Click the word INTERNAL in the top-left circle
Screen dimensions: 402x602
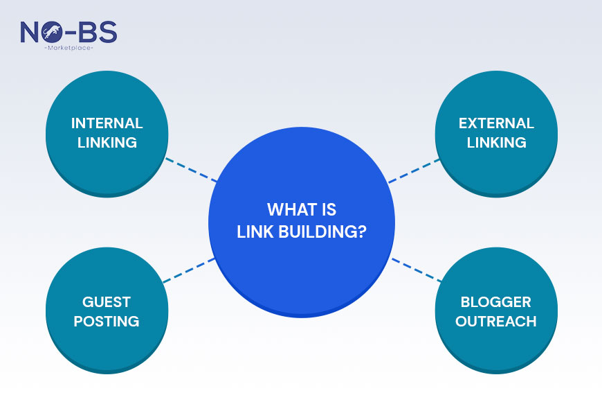click(107, 124)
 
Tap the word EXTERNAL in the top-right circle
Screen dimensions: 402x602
click(496, 124)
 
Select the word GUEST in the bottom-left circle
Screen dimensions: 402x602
click(107, 302)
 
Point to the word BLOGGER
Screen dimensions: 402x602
click(496, 302)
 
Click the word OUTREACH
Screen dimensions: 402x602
click(496, 322)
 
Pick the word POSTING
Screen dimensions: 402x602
click(107, 322)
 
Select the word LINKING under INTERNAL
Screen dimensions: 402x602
click(107, 143)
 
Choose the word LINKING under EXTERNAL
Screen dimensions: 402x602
click(496, 143)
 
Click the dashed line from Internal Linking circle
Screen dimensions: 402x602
click(191, 170)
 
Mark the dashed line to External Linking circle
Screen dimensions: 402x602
click(414, 171)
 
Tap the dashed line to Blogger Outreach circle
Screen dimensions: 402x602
click(417, 270)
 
